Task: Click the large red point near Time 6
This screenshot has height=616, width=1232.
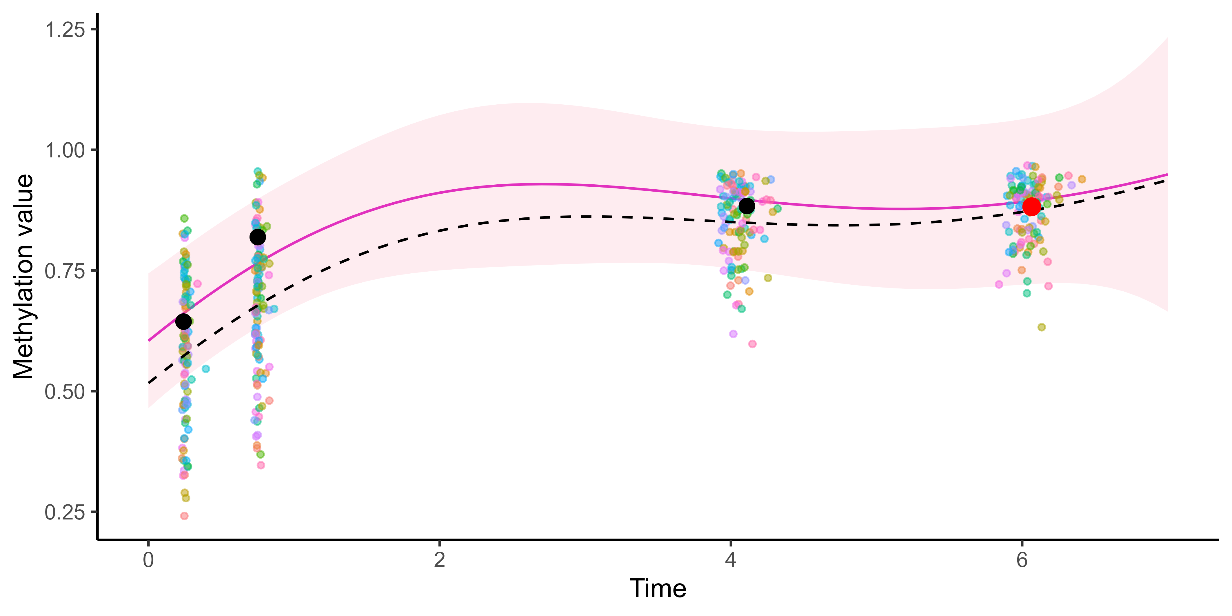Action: pyautogui.click(x=1032, y=207)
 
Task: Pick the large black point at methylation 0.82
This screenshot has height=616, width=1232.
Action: pyautogui.click(x=258, y=237)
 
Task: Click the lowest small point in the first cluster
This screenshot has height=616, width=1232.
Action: pyautogui.click(x=184, y=516)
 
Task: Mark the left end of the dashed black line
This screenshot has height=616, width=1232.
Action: pyautogui.click(x=149, y=383)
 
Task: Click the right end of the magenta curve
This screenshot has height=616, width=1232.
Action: pyautogui.click(x=1167, y=175)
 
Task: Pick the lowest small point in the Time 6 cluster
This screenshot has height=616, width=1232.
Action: pyautogui.click(x=1042, y=327)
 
